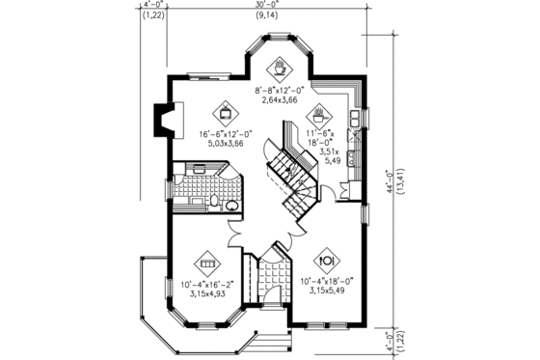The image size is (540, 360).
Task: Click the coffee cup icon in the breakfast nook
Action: tap(280, 68)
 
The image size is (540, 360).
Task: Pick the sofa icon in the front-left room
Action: tap(206, 262)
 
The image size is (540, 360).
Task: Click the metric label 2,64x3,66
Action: tap(279, 99)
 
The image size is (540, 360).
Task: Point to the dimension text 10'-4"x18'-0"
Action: tap(326, 279)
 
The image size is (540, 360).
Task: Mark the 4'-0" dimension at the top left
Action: tap(151, 6)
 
